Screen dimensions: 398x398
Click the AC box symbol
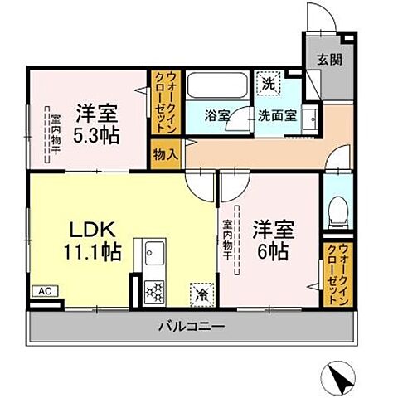(x=43, y=292)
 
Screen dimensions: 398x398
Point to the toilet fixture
(x=337, y=212)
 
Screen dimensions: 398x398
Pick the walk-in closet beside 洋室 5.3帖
(x=160, y=104)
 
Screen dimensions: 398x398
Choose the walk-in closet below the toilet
(x=335, y=273)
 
